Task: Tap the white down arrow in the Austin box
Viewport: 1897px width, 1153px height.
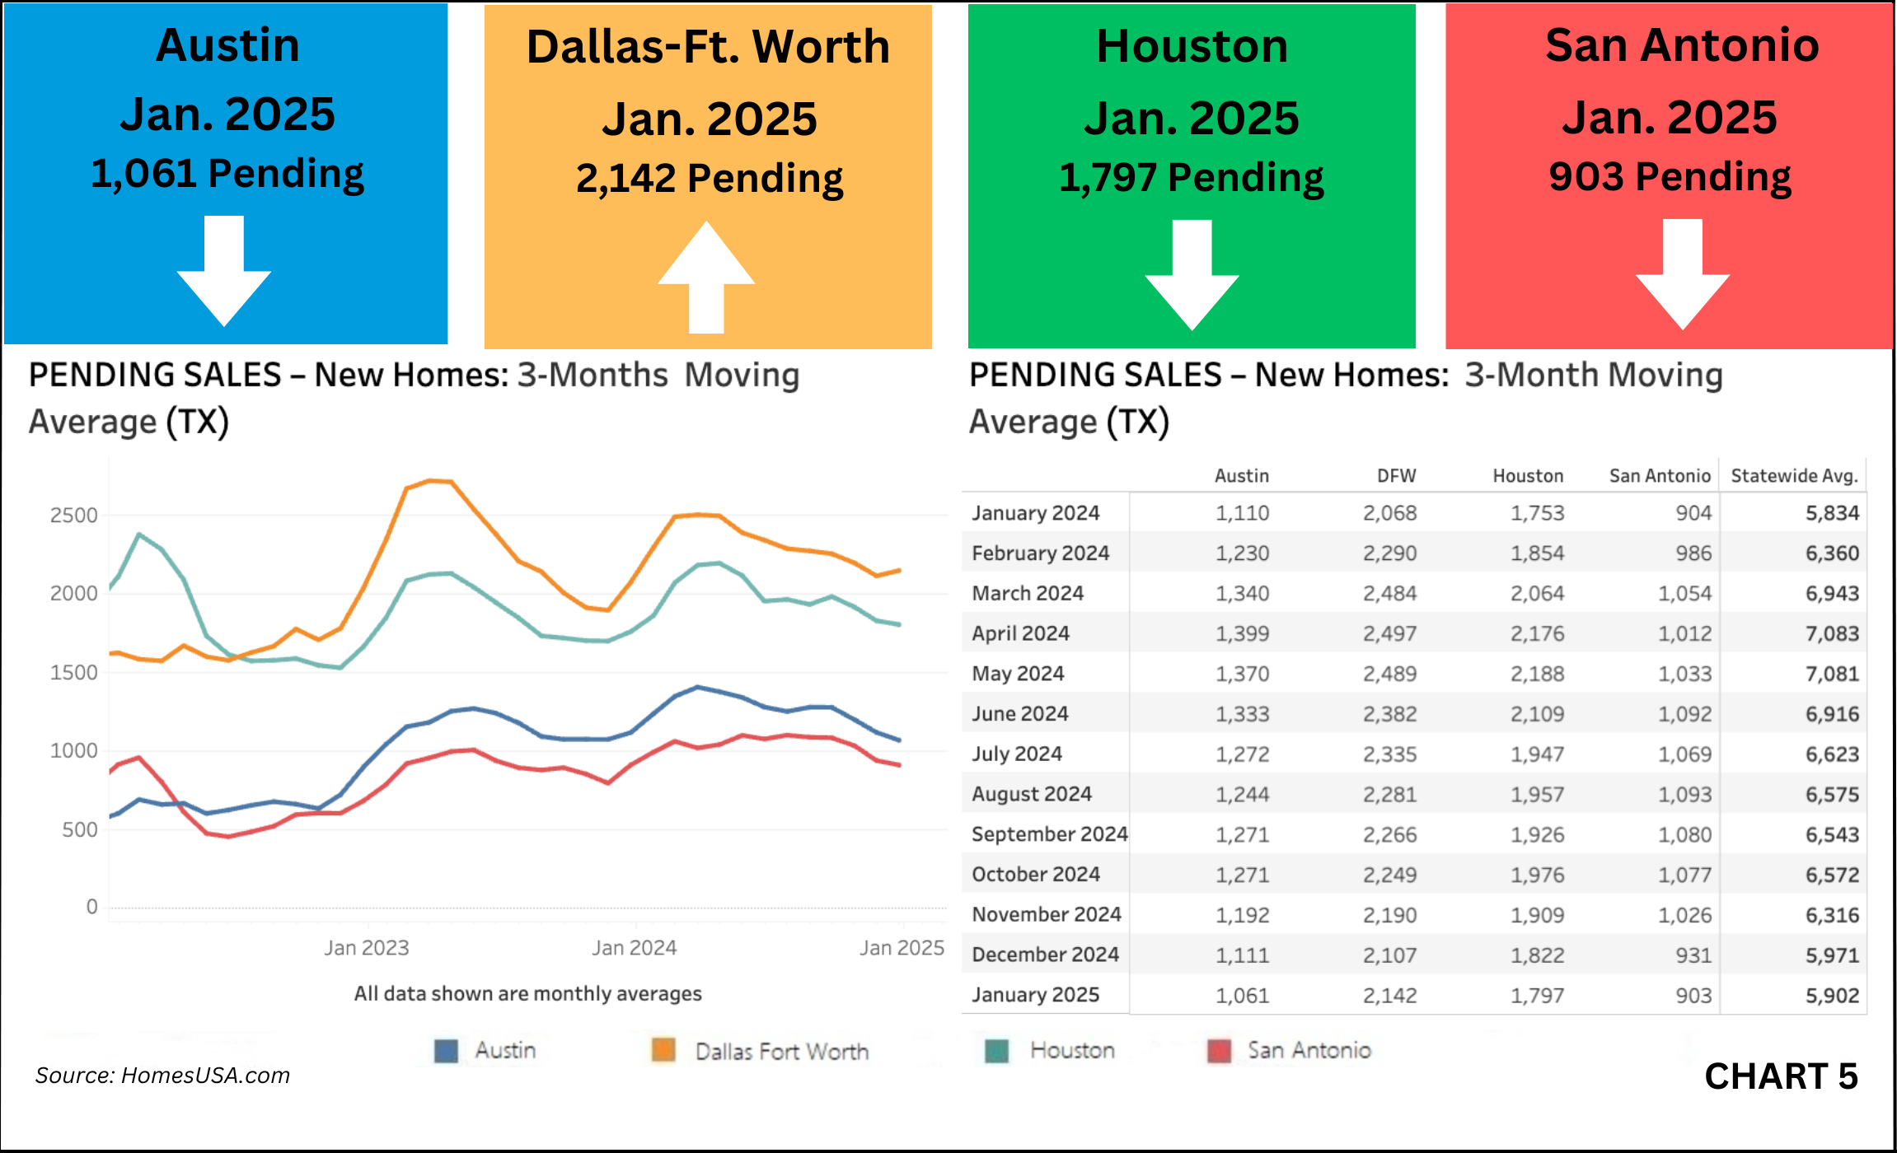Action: (x=224, y=272)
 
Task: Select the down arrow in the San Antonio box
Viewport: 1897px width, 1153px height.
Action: (x=1682, y=275)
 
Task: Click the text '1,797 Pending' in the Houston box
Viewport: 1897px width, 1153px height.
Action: (x=1191, y=178)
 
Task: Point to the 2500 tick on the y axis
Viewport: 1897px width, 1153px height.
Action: (x=73, y=516)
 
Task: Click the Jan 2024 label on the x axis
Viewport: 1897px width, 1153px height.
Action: (x=634, y=948)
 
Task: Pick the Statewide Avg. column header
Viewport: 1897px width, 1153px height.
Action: (x=1794, y=476)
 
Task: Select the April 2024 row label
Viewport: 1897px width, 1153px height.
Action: (x=1020, y=633)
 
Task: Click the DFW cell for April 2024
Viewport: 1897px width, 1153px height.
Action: (x=1389, y=633)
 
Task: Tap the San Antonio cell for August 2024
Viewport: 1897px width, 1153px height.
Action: (x=1684, y=795)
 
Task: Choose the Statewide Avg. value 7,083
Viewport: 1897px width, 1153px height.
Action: (x=1832, y=633)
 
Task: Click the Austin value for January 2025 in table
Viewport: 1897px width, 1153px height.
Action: (x=1242, y=996)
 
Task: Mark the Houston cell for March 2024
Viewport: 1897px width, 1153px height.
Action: (x=1537, y=594)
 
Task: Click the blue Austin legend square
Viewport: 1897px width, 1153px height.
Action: (x=446, y=1051)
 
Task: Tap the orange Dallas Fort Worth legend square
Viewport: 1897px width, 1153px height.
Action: (x=663, y=1050)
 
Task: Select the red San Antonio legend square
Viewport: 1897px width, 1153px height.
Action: (x=1219, y=1051)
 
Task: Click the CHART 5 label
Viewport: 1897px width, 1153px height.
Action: (x=1781, y=1076)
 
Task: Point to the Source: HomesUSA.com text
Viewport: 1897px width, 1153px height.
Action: (x=162, y=1076)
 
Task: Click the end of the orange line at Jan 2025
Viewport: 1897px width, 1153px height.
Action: (x=900, y=570)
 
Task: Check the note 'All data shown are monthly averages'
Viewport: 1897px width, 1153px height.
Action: (x=527, y=994)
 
